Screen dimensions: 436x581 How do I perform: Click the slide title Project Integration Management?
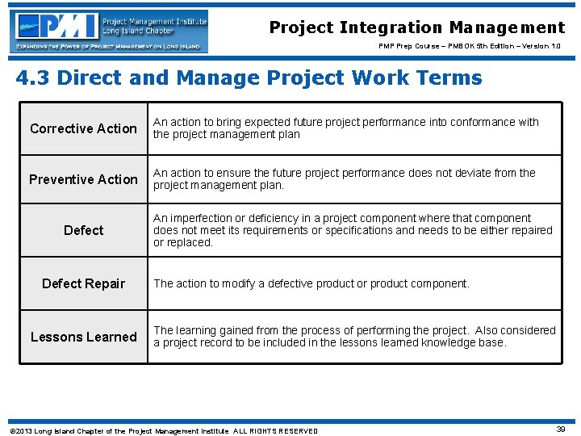point(416,27)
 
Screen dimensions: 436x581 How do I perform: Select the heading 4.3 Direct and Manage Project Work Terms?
point(249,78)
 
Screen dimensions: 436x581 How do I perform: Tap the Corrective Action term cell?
point(84,128)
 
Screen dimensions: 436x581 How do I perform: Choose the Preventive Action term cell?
point(84,179)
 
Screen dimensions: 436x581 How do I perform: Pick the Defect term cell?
point(84,230)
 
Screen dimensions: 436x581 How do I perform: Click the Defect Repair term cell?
point(84,283)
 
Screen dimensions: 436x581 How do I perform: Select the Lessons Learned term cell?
point(84,337)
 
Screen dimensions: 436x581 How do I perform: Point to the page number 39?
point(560,430)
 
